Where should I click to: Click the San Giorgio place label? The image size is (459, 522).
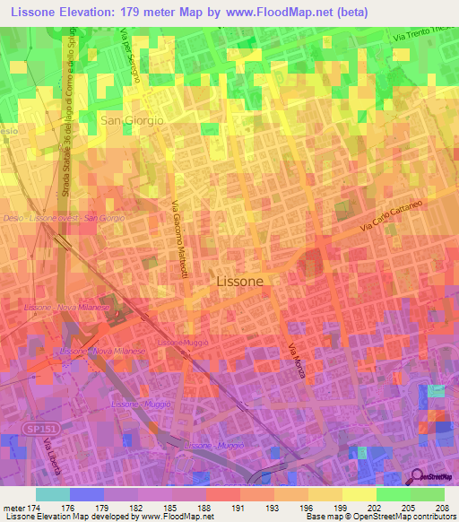[132, 120]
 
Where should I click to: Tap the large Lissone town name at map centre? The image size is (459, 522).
[240, 281]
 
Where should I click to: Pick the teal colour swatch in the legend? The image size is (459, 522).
[53, 494]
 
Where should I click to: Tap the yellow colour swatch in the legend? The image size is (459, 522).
[359, 494]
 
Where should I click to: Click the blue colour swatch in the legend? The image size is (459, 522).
[87, 494]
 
